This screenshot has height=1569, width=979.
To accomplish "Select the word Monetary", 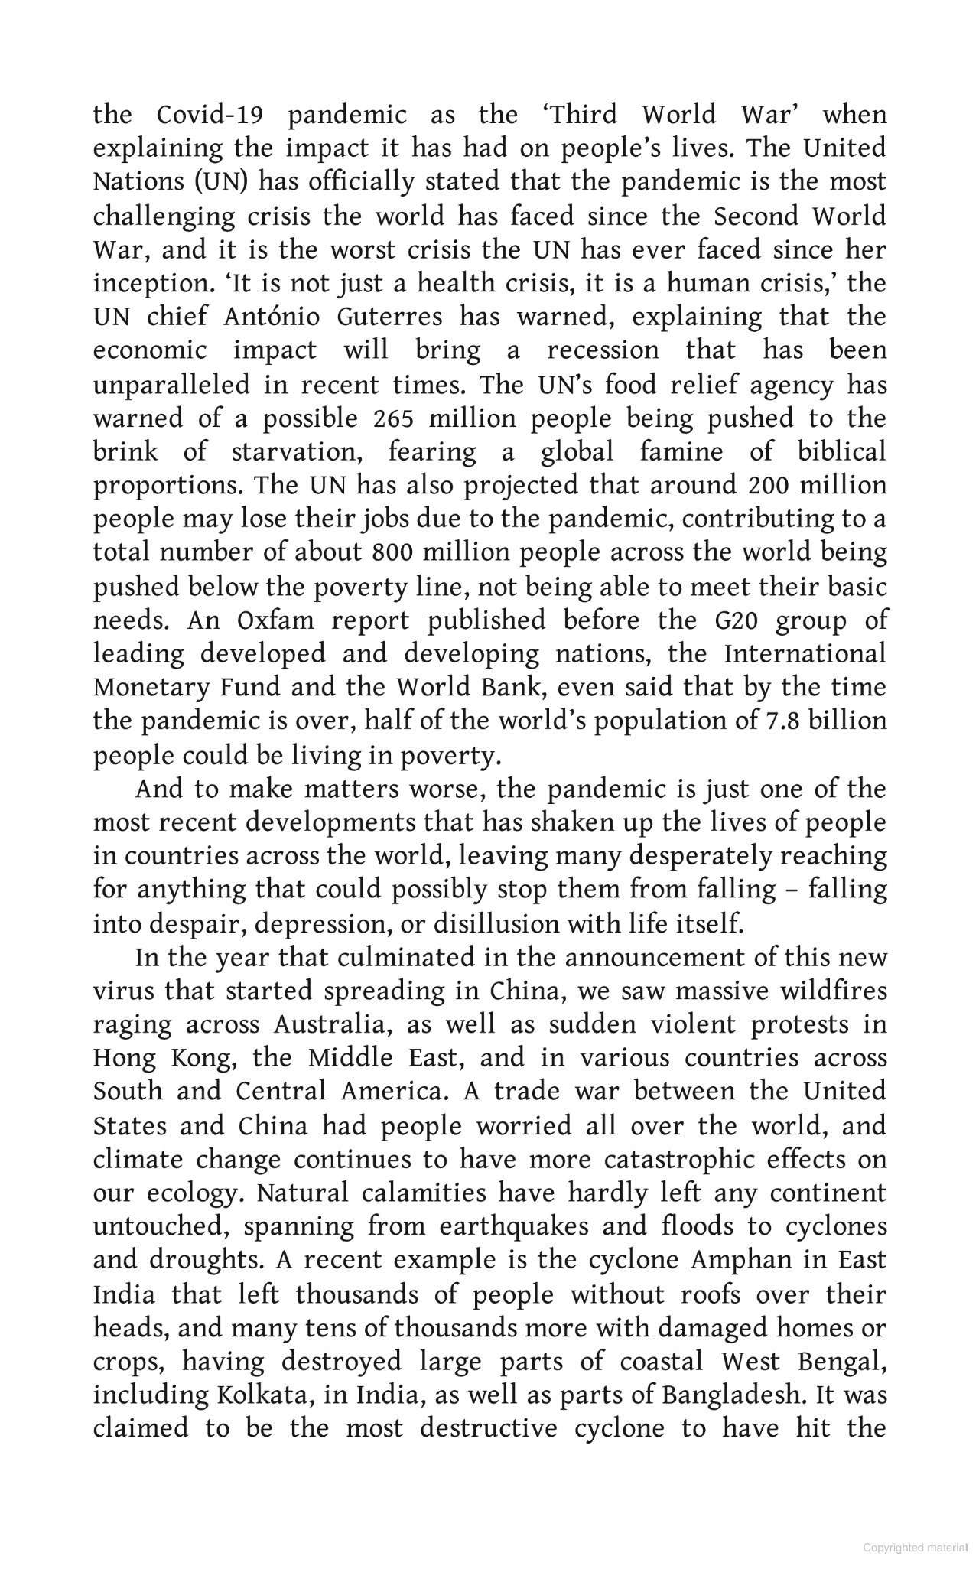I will click(x=141, y=688).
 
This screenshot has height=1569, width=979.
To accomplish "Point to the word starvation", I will click(x=296, y=452).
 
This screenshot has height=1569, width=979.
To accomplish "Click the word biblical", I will click(x=842, y=452).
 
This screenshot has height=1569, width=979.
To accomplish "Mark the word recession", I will click(x=603, y=351).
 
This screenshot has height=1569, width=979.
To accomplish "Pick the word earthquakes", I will click(x=514, y=1227).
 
